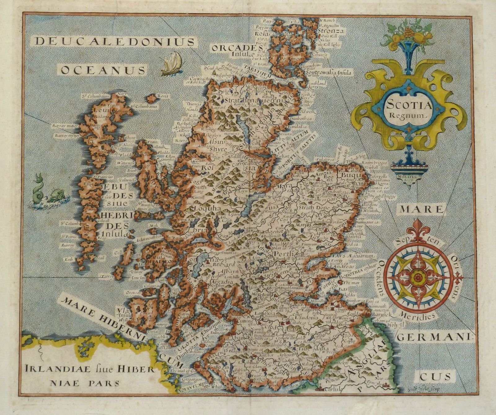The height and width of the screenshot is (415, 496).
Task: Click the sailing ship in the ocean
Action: coord(171,63)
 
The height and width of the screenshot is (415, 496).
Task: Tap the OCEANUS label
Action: coord(103,70)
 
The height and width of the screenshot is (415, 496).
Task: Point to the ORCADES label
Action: coord(235,48)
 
